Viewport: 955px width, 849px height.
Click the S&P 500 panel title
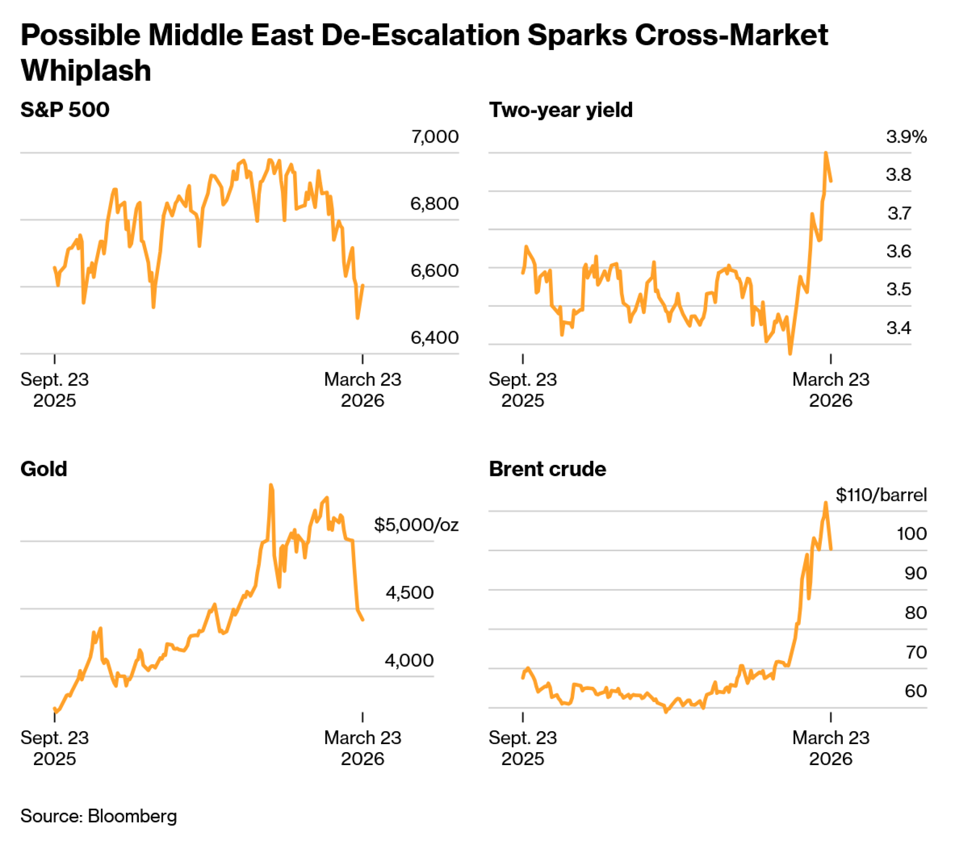(65, 110)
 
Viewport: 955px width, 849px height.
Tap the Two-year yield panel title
(561, 110)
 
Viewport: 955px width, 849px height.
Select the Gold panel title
(43, 469)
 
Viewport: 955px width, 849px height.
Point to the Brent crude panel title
(547, 469)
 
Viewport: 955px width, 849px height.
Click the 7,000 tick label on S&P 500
(435, 137)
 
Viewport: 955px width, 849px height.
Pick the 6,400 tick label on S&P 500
(435, 337)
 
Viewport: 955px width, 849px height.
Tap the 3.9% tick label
(906, 137)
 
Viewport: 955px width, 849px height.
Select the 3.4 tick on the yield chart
(898, 328)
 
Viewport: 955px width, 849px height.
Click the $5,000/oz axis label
(416, 524)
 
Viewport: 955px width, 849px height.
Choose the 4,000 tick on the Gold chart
(409, 660)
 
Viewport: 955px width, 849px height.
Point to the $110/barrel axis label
(881, 495)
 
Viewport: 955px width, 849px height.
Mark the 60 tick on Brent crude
(915, 691)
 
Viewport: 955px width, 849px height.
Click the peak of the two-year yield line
(826, 153)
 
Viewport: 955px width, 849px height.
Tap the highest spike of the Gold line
(271, 485)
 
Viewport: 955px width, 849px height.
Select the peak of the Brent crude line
(825, 503)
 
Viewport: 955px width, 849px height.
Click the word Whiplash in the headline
(86, 71)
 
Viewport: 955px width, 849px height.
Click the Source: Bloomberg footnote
(98, 816)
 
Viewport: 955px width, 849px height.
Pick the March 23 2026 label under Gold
(362, 748)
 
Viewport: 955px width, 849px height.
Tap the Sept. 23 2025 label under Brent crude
(522, 748)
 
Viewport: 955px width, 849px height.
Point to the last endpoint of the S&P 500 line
(363, 285)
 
